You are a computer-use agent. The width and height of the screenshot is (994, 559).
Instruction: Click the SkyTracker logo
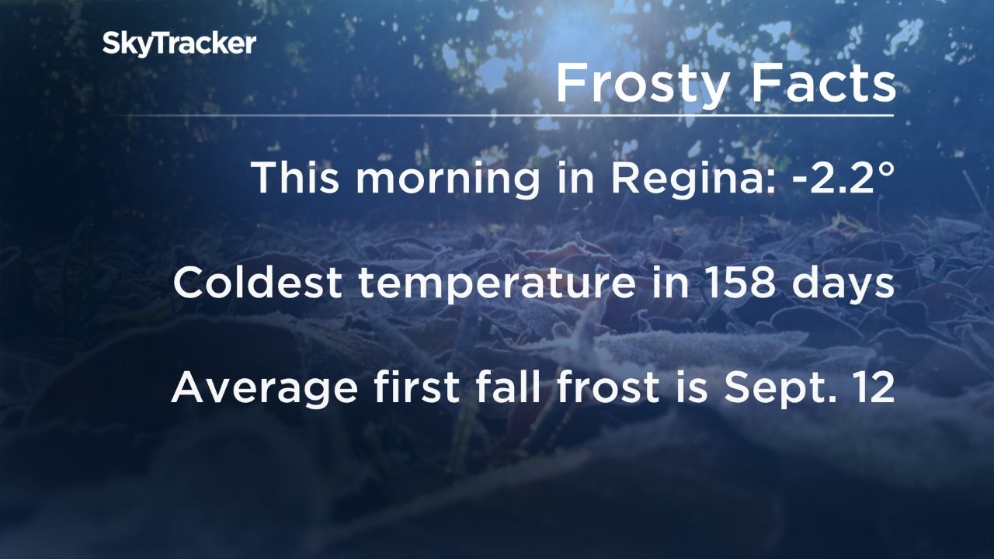pyautogui.click(x=179, y=44)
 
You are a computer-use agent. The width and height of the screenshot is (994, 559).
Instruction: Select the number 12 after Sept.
pyautogui.click(x=874, y=387)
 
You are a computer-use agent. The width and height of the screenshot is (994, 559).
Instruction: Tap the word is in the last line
pyautogui.click(x=692, y=387)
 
